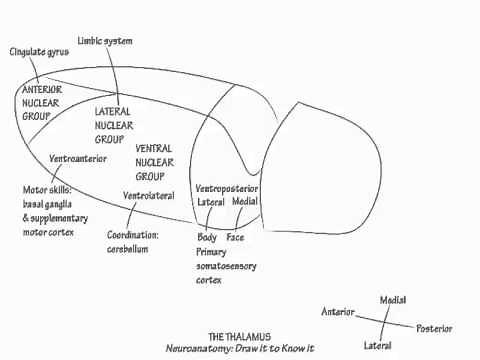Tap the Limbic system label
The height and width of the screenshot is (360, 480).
click(105, 41)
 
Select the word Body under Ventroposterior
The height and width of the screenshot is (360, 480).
click(207, 238)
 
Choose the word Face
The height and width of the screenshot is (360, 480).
click(235, 238)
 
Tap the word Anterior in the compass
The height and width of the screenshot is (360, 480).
click(338, 312)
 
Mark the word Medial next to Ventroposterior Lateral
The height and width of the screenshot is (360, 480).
click(245, 201)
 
